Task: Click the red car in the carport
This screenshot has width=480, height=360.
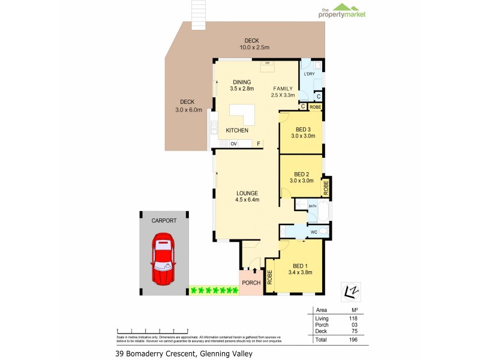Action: tap(164, 259)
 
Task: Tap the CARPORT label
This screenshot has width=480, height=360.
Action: tap(164, 221)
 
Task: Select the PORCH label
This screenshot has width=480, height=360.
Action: tap(251, 283)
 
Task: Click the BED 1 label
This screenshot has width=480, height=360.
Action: tap(301, 265)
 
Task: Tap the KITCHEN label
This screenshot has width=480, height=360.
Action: tap(237, 130)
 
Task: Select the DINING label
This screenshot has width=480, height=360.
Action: tap(242, 82)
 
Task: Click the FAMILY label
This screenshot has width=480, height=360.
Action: tap(283, 88)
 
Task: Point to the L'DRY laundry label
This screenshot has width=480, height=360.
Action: tap(309, 74)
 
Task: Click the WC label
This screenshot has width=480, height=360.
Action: tap(313, 232)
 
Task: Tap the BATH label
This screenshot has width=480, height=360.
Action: tap(312, 206)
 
